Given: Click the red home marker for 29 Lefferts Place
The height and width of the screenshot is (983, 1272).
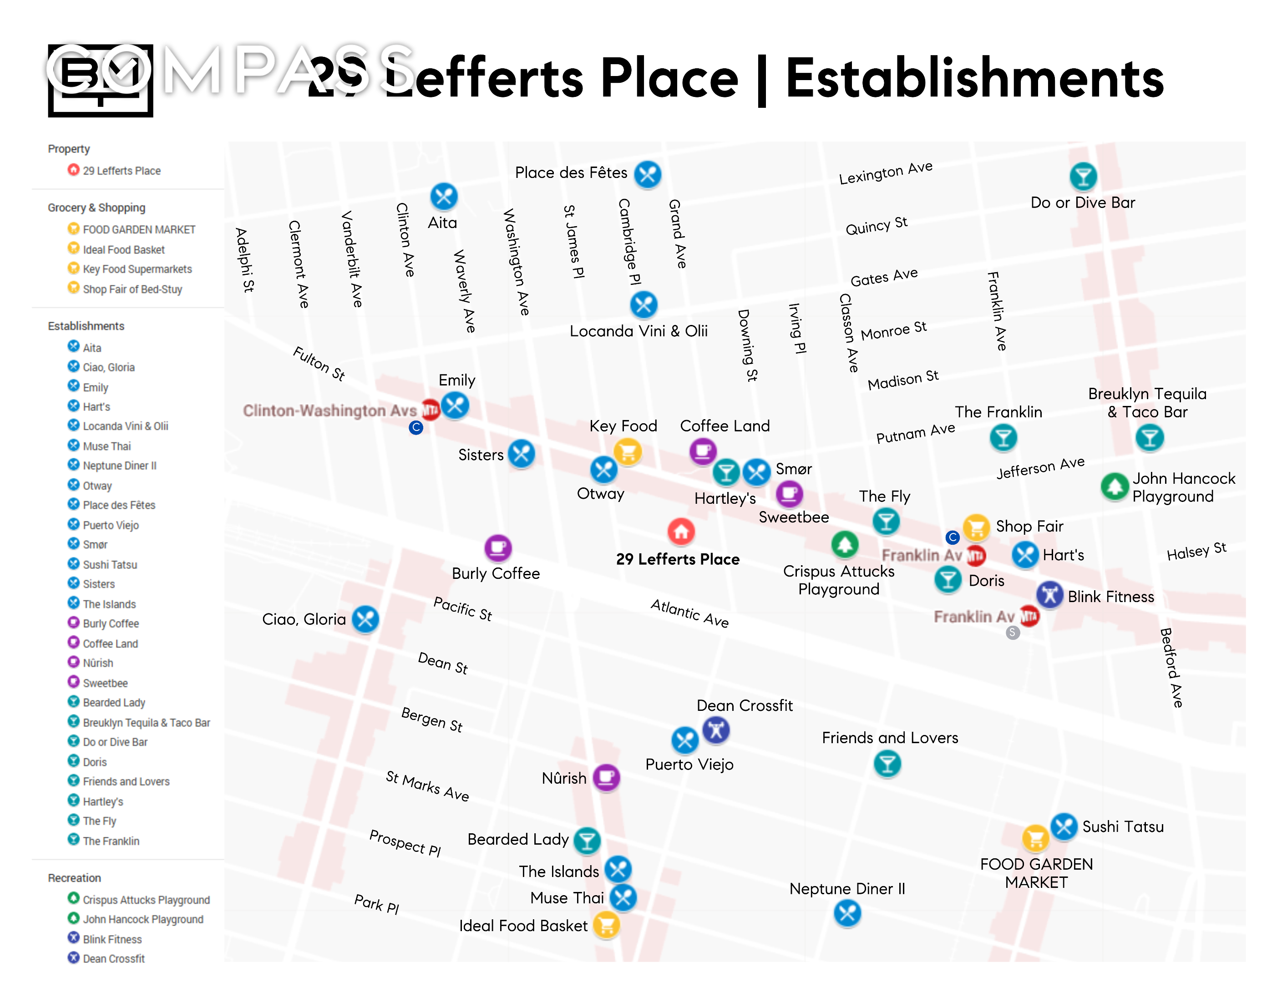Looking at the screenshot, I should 681,531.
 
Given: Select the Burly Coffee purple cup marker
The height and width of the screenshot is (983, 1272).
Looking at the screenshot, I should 498,547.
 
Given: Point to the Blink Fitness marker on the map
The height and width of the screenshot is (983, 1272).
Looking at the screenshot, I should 1049,595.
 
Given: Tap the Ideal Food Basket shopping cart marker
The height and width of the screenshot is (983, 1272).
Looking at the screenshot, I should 606,925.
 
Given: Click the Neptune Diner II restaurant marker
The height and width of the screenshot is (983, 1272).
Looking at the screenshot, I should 847,912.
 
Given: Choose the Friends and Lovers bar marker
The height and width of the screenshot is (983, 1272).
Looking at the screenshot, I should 887,764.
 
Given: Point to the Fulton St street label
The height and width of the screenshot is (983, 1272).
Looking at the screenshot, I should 319,363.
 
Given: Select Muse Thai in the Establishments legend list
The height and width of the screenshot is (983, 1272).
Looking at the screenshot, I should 106,446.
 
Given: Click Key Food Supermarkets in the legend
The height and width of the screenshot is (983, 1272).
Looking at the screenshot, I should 137,269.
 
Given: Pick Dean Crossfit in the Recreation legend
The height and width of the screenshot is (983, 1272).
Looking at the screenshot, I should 114,958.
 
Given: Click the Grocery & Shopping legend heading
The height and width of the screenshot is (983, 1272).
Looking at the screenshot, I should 96,208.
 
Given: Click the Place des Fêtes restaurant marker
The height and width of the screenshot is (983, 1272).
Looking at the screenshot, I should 647,174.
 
